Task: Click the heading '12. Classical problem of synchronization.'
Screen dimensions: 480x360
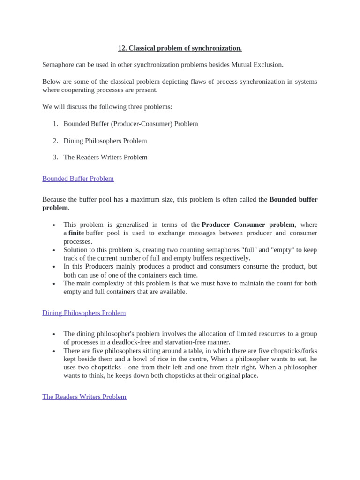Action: (x=180, y=48)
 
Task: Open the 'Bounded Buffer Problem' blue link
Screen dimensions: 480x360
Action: (x=78, y=179)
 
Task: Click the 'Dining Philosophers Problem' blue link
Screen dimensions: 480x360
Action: (x=84, y=313)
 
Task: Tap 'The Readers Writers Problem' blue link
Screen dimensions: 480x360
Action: (x=84, y=397)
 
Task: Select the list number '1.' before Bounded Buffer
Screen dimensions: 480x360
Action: (x=55, y=124)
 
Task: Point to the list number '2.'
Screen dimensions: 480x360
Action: (x=55, y=141)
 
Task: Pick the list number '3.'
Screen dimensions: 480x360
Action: (x=55, y=157)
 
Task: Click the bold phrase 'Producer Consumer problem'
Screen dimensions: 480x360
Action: (x=248, y=225)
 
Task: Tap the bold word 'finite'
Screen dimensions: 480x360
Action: (x=76, y=233)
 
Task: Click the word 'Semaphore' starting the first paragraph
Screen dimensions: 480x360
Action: (x=58, y=65)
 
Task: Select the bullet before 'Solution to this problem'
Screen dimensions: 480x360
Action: (x=54, y=250)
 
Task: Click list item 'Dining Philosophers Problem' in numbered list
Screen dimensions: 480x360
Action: (x=105, y=141)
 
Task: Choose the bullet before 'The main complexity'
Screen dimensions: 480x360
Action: (x=54, y=284)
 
